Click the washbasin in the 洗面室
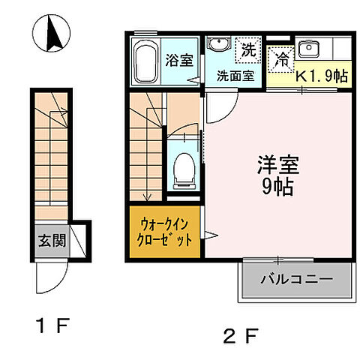tap(219, 47)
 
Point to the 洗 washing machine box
tap(247, 50)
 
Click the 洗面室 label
tap(235, 75)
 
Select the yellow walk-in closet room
tap(164, 232)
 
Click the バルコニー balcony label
tap(296, 282)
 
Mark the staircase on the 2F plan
tap(145, 146)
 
